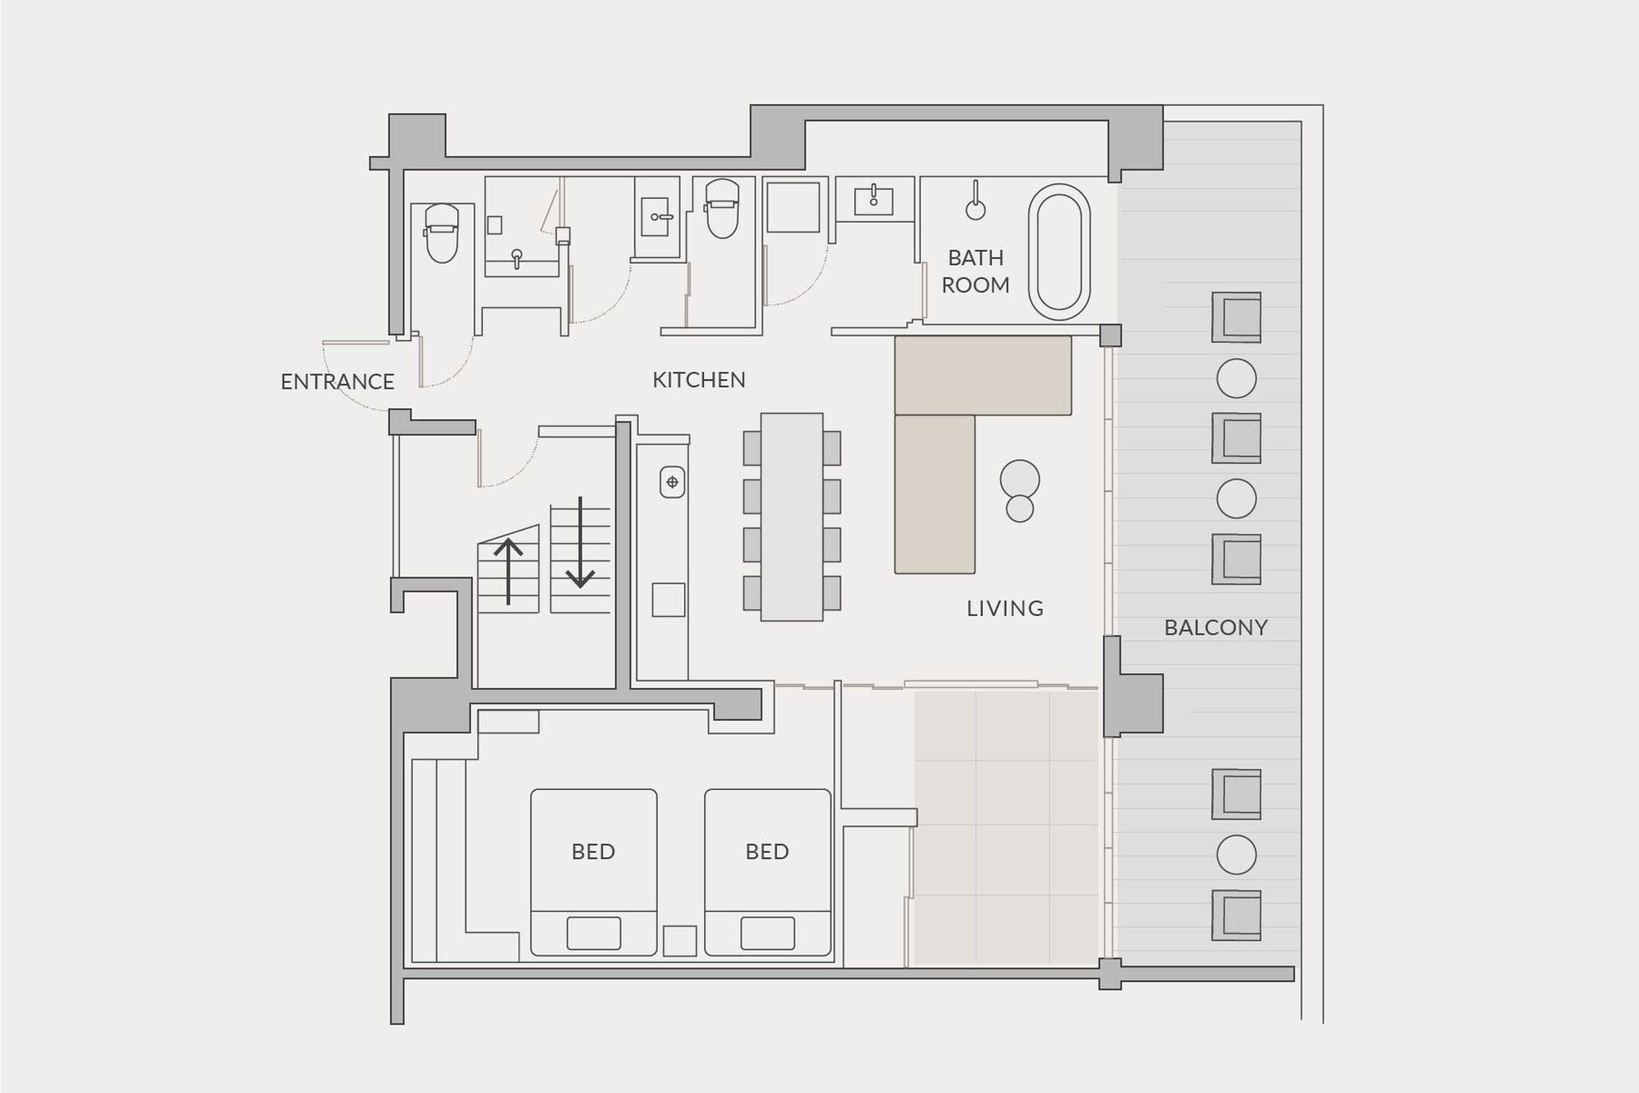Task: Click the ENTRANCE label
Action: pos(337,381)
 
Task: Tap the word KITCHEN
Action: pos(699,380)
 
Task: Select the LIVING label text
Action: pos(1005,609)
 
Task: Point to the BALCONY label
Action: pos(1216,627)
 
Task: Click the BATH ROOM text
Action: pos(976,271)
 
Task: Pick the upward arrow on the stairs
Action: pos(508,572)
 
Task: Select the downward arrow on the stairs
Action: pos(580,542)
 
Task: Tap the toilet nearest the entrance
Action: pos(442,233)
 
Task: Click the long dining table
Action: pos(792,516)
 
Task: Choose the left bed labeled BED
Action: pos(594,872)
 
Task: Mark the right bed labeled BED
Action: pos(767,872)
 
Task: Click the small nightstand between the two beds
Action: pos(680,941)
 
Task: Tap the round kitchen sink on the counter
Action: pos(673,481)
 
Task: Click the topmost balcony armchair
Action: pos(1236,317)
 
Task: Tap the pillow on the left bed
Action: pos(594,933)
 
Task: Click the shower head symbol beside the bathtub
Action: pos(976,202)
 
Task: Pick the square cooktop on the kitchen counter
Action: pos(668,600)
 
